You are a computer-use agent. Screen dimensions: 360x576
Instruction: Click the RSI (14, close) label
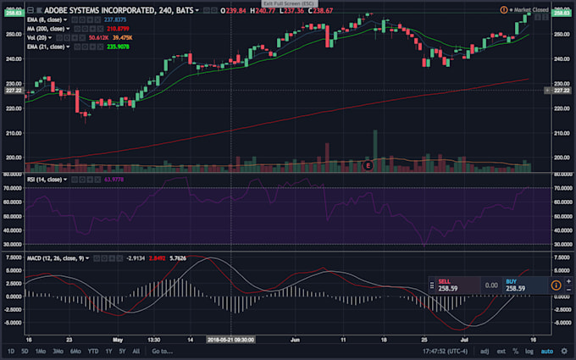[x=45, y=180]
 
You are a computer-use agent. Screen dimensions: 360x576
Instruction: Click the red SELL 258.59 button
[x=450, y=285]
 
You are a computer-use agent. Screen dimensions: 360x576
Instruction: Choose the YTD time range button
[x=92, y=351]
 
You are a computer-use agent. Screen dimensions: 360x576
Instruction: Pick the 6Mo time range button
[x=76, y=351]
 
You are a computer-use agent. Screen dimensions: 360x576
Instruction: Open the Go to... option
[x=162, y=351]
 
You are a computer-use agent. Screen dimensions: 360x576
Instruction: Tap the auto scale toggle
[x=547, y=351]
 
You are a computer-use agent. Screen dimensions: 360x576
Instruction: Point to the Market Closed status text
[x=530, y=9]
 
